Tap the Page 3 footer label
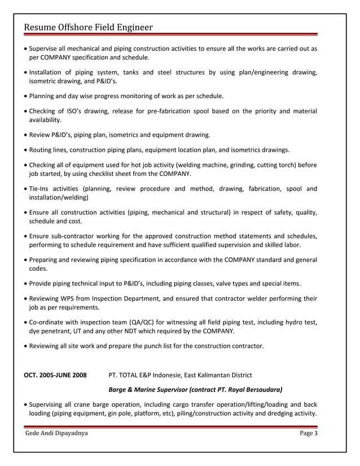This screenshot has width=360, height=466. click(x=309, y=433)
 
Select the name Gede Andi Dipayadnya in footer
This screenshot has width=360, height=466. click(x=56, y=433)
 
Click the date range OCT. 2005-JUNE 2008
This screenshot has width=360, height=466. click(x=55, y=375)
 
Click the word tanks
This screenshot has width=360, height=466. click(x=130, y=72)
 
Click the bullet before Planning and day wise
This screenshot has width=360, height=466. click(x=25, y=96)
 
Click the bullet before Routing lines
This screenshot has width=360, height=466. click(x=25, y=150)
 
